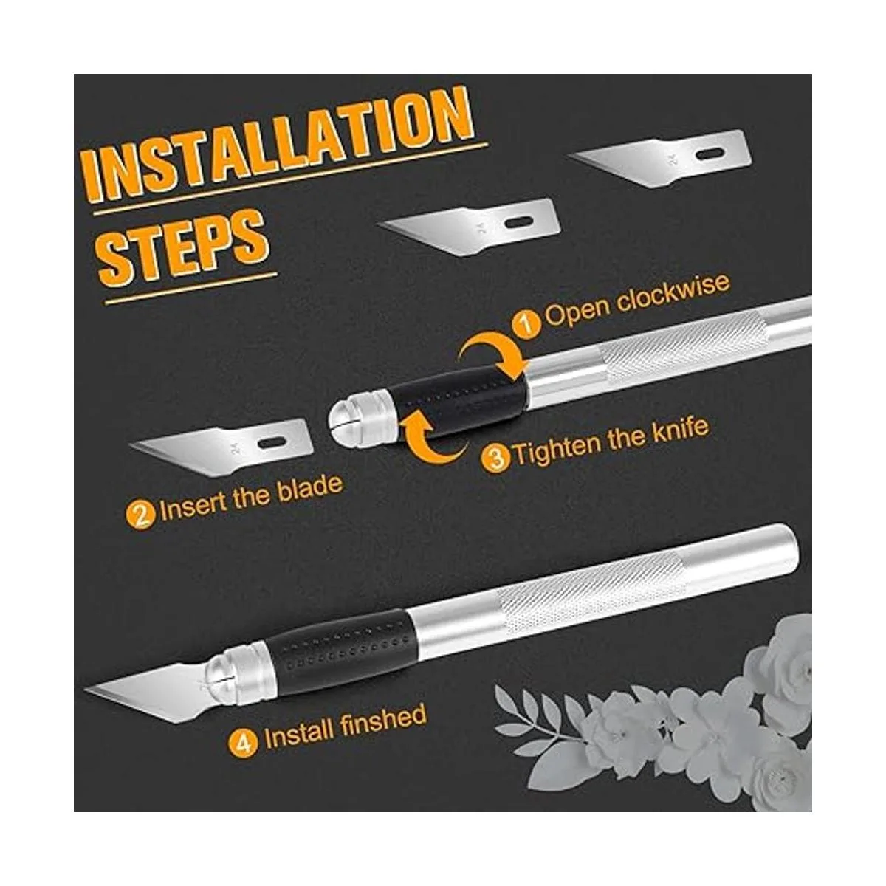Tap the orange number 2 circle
point(141,516)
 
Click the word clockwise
point(673,295)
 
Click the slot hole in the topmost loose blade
point(710,154)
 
